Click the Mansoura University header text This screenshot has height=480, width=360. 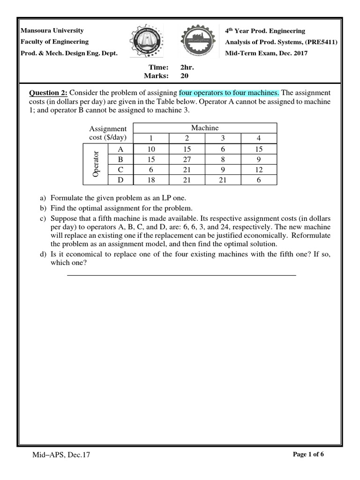pos(52,30)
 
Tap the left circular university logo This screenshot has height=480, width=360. pos(146,42)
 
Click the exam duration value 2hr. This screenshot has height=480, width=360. pos(187,67)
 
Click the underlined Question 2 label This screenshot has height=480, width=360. pos(49,93)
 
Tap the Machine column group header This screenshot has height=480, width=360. pos(205,128)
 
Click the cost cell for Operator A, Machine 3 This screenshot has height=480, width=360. pos(223,149)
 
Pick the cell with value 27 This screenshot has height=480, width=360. pos(187,159)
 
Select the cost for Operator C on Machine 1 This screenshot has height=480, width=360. pos(151,169)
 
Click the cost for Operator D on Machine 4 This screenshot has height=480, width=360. pos(259,180)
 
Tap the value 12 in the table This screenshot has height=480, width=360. pos(259,169)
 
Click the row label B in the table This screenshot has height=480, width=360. pos(120,159)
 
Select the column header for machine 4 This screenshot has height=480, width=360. pos(259,138)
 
